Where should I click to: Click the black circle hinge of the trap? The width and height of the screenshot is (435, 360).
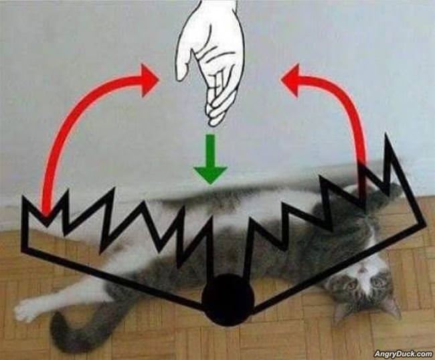227,300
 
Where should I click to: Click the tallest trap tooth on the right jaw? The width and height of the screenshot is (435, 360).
387,144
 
